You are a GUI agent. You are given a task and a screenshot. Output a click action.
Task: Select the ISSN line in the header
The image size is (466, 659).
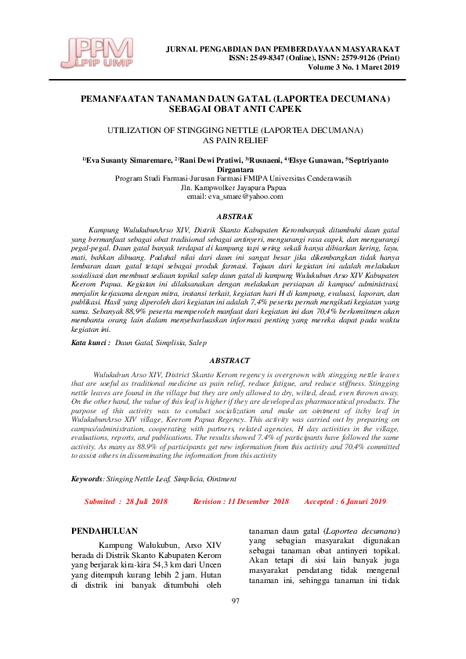coord(314,58)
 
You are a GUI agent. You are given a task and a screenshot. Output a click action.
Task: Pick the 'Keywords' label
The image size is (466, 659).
coord(86,477)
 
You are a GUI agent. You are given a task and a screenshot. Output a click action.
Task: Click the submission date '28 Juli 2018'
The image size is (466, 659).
coord(146,501)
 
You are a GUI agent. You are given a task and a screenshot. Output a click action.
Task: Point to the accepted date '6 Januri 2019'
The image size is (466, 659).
coord(363,501)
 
